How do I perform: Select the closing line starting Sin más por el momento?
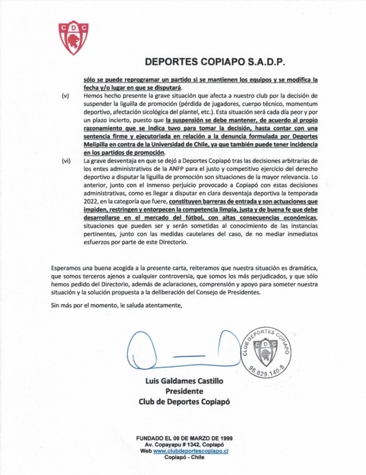117,305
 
